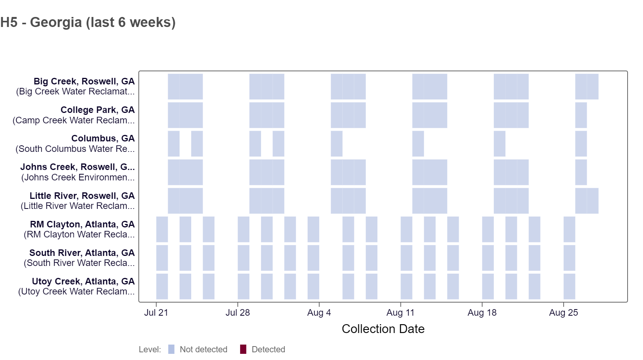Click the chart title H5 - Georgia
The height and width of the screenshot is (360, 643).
88,22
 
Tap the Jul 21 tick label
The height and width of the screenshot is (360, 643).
156,313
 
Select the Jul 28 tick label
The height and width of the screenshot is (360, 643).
237,313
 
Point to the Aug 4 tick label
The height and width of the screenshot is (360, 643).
319,313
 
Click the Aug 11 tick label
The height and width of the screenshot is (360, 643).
400,313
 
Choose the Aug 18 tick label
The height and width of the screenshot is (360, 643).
482,313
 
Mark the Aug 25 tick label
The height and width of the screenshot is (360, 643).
563,313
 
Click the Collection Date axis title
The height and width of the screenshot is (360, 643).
383,329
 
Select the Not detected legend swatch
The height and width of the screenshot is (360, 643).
172,349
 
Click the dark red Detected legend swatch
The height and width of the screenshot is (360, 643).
243,349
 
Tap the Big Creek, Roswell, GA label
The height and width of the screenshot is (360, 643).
84,81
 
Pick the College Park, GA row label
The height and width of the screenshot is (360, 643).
98,110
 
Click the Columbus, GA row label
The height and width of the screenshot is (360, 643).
103,138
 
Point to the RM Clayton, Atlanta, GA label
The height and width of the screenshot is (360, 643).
82,224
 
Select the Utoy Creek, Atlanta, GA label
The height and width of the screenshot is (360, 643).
83,281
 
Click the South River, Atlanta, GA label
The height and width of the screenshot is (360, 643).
82,253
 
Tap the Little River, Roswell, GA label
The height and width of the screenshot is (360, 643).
82,196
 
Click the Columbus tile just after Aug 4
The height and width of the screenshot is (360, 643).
337,144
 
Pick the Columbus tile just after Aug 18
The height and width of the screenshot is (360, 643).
500,144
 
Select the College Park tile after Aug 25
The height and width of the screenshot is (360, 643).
581,115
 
